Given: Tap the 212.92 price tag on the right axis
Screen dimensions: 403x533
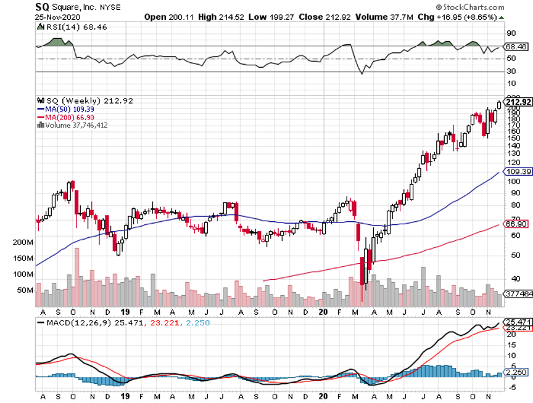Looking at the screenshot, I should pyautogui.click(x=518, y=101).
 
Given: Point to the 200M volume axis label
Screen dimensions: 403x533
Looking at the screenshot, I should pyautogui.click(x=22, y=243).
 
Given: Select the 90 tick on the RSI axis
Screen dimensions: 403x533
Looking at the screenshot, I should pyautogui.click(x=511, y=33).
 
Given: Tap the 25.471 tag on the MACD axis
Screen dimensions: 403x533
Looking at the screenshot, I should pyautogui.click(x=518, y=322).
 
